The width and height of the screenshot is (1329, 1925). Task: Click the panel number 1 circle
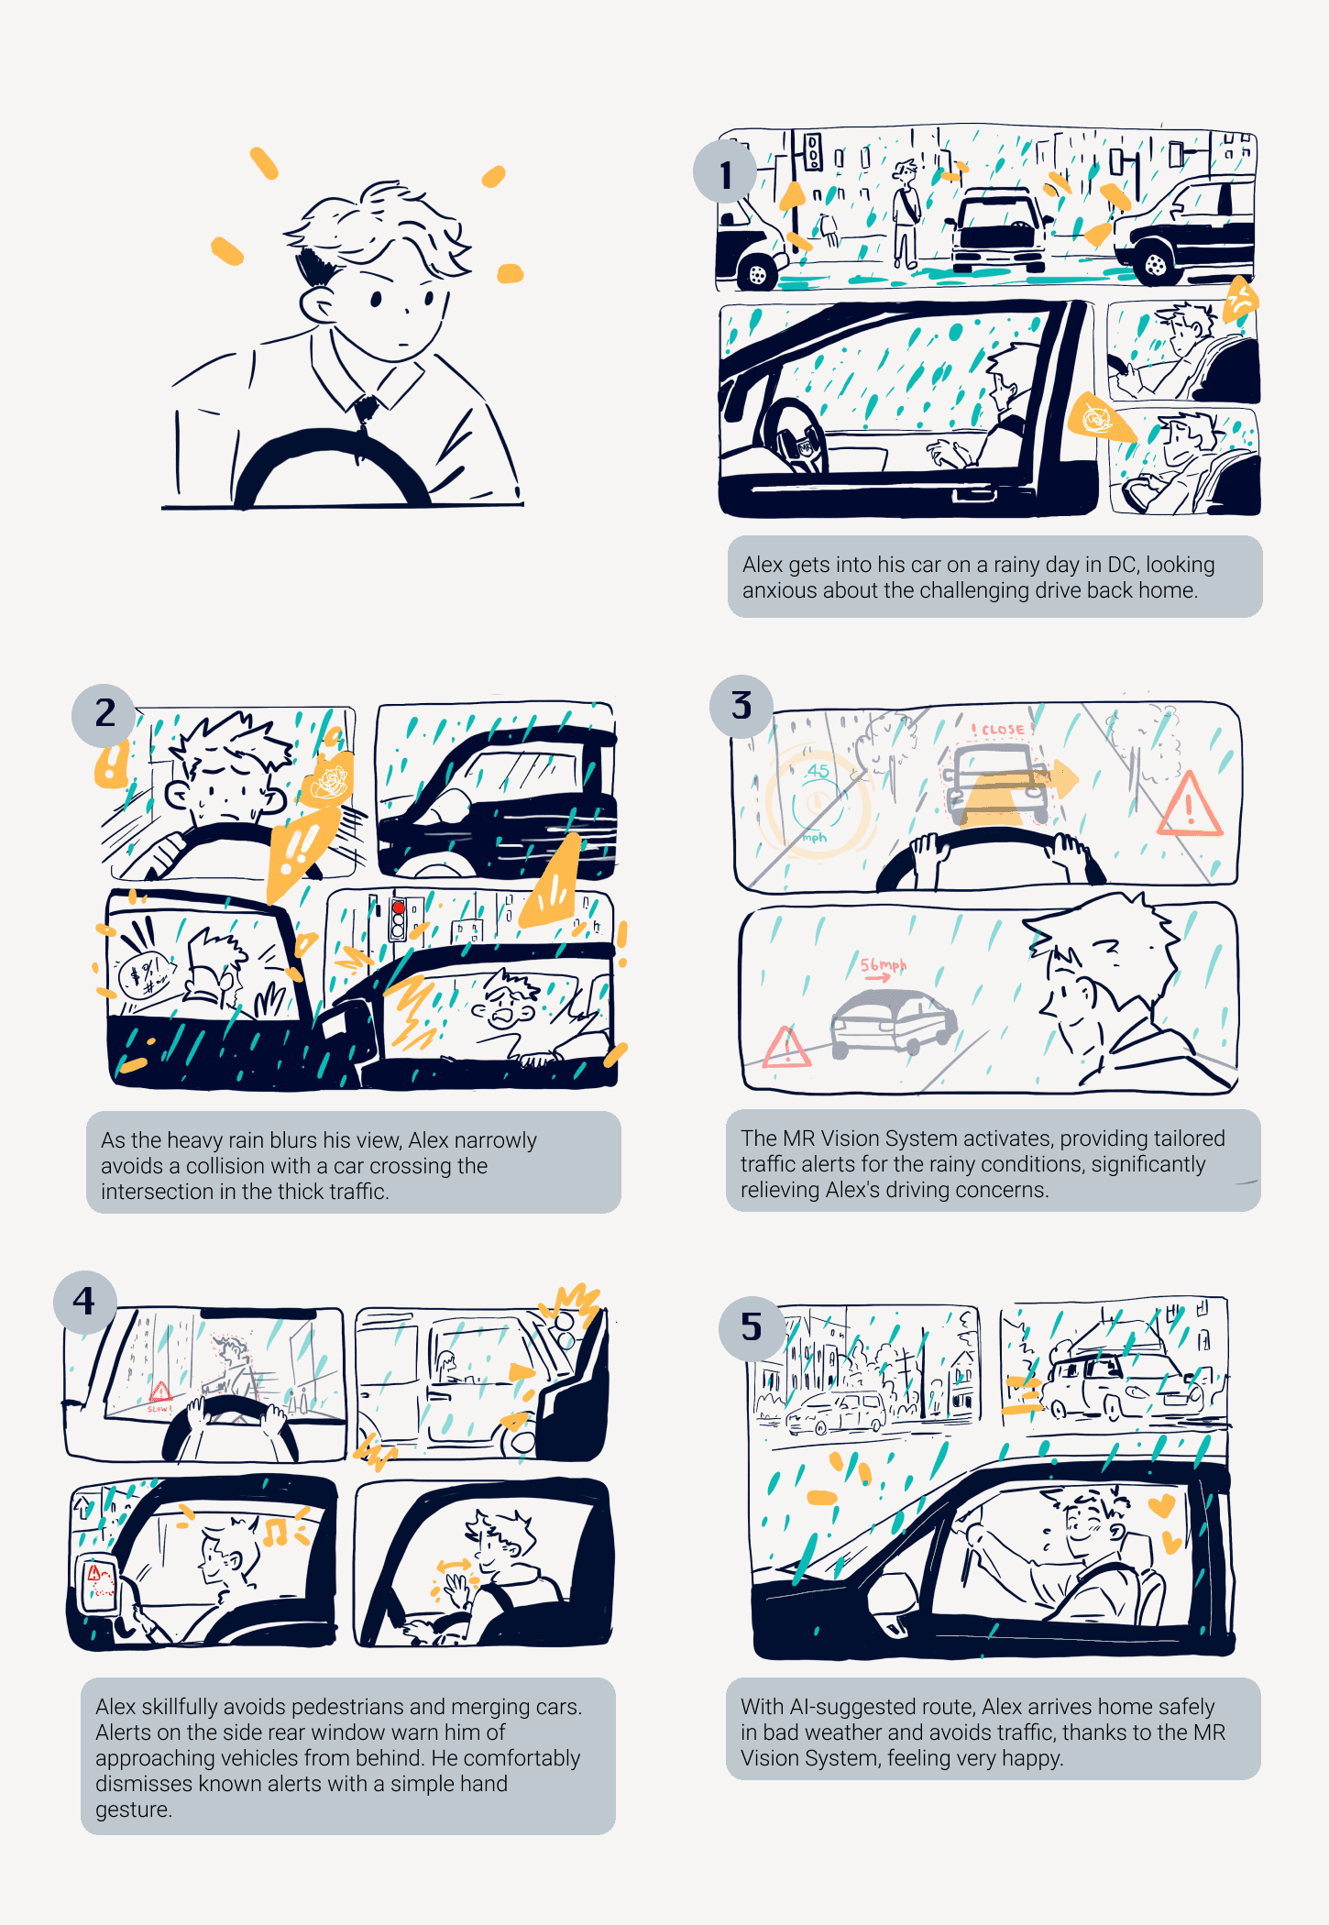pyautogui.click(x=724, y=172)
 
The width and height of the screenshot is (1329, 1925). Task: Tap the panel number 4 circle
pyautogui.click(x=84, y=1301)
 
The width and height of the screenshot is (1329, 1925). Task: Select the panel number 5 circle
pyautogui.click(x=751, y=1326)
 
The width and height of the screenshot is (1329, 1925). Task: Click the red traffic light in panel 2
pyautogui.click(x=398, y=907)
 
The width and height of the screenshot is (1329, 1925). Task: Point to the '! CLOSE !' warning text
pyautogui.click(x=1002, y=730)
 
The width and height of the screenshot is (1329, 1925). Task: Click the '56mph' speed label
pyautogui.click(x=882, y=964)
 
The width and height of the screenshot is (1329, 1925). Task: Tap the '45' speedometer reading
pyautogui.click(x=818, y=770)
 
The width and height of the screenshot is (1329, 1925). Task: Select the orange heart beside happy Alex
pyautogui.click(x=1161, y=1504)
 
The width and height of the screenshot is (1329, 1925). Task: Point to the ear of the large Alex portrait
pyautogui.click(x=316, y=305)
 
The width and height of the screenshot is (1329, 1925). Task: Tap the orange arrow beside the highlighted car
pyautogui.click(x=1063, y=777)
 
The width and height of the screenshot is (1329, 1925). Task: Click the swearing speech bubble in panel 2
pyautogui.click(x=144, y=975)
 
